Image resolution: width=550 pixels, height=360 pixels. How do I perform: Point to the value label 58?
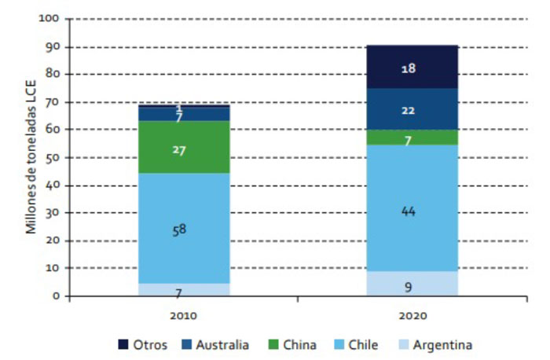point(180,230)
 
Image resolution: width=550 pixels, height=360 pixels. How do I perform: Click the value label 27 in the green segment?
point(179,149)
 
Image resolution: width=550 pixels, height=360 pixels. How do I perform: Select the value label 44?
point(408,211)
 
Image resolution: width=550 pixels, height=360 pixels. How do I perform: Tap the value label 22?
point(408,110)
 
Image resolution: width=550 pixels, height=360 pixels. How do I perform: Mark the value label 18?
point(408,68)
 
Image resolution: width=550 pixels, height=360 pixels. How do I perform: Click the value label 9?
point(408,287)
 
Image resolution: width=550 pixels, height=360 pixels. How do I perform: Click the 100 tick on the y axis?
point(49,18)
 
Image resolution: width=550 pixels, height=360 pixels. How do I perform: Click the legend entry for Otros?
point(142,344)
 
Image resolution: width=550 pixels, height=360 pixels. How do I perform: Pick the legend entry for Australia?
point(214,344)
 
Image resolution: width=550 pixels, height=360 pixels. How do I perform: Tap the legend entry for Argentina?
point(436,344)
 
